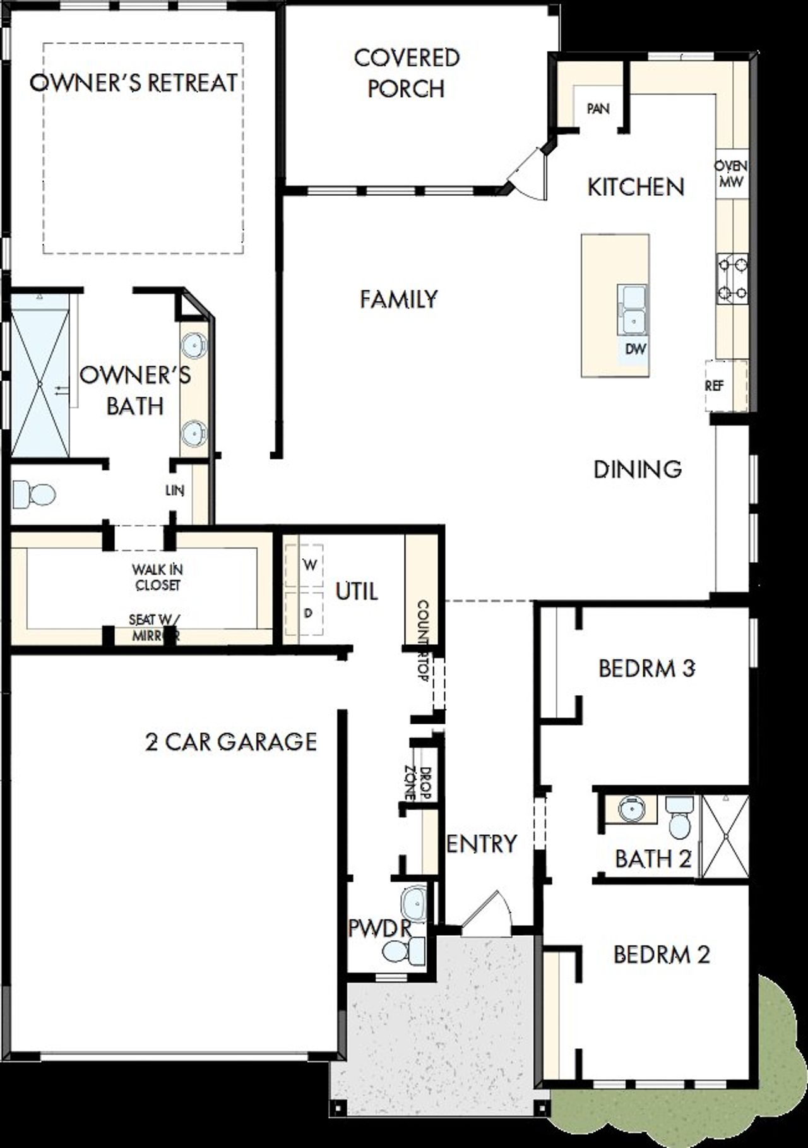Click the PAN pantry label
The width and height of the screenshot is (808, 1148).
coord(598,109)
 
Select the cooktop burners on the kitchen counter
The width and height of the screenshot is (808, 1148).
coord(732,278)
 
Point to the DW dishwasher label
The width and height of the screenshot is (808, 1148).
coord(635,349)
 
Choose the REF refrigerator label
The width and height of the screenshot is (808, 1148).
coord(714,385)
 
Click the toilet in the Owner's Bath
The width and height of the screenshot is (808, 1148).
coord(33,494)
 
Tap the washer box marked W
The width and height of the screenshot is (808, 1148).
coord(309,565)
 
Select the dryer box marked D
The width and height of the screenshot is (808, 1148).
coord(308,613)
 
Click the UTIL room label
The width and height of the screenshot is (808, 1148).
coord(357,592)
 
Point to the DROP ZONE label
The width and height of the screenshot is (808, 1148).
coord(417,783)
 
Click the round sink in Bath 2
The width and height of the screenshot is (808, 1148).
coord(629,809)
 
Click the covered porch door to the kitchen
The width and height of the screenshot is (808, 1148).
coord(527,174)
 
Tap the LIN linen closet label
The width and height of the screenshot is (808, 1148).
coord(175,490)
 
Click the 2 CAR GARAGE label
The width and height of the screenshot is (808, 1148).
coord(231,741)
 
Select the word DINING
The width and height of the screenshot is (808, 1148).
coord(638,469)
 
